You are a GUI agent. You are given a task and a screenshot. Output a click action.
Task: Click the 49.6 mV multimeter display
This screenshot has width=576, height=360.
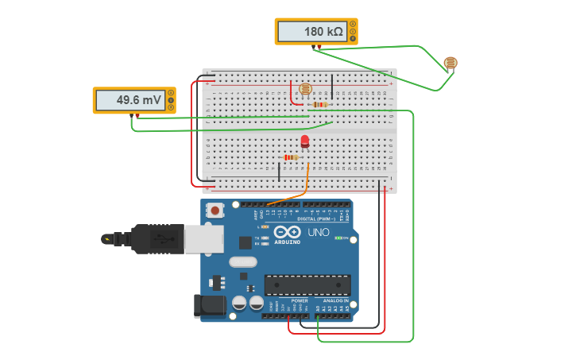[130, 101]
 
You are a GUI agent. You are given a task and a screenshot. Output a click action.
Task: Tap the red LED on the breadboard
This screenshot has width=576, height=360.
[305, 141]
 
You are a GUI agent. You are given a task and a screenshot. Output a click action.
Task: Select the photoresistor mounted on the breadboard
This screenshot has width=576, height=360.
[306, 90]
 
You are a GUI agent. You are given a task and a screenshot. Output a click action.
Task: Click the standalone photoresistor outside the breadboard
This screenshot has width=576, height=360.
[450, 63]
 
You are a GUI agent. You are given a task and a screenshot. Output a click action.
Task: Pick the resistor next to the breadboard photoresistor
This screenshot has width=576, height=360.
[320, 104]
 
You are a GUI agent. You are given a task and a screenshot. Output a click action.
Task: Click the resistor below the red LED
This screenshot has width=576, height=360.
[291, 157]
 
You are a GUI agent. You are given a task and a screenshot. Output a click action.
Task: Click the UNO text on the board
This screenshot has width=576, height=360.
[318, 232]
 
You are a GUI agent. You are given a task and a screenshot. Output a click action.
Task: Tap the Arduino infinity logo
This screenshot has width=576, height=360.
[288, 232]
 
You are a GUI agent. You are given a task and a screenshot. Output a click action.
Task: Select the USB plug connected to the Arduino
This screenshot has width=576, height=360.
[147, 238]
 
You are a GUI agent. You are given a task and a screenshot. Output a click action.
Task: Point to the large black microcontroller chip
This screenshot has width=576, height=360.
[307, 285]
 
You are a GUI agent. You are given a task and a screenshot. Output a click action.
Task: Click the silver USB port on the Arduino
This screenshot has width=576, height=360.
[203, 238]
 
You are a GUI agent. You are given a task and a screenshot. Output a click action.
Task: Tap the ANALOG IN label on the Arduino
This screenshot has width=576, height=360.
[334, 300]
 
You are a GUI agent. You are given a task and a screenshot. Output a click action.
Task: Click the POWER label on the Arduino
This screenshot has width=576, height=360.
[300, 300]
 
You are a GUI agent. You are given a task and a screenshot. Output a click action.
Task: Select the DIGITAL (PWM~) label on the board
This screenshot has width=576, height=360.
[322, 219]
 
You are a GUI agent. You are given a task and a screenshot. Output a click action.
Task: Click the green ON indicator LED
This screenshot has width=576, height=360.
[339, 238]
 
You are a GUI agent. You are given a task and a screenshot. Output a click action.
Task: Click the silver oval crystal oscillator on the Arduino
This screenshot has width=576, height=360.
[243, 261]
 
